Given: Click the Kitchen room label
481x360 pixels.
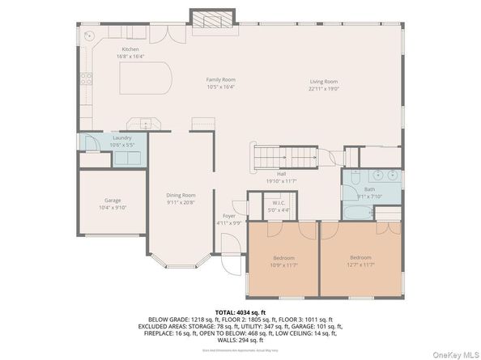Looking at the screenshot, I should (x=132, y=50).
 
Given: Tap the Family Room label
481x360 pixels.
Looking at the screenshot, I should (x=220, y=79).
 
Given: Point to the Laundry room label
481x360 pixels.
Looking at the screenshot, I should (x=122, y=138).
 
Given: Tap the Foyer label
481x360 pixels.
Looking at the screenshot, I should (x=229, y=216).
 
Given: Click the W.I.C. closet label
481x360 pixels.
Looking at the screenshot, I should (x=278, y=203).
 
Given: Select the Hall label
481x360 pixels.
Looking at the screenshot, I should (x=281, y=174).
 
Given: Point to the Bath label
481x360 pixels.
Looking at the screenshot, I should (x=369, y=189).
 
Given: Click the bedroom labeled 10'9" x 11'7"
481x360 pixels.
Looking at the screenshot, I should (x=283, y=258).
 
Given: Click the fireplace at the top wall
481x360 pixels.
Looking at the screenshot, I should (x=214, y=19).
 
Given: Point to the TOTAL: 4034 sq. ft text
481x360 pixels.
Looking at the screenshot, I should (x=240, y=311).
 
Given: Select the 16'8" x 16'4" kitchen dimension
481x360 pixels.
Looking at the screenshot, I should (x=132, y=57).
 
